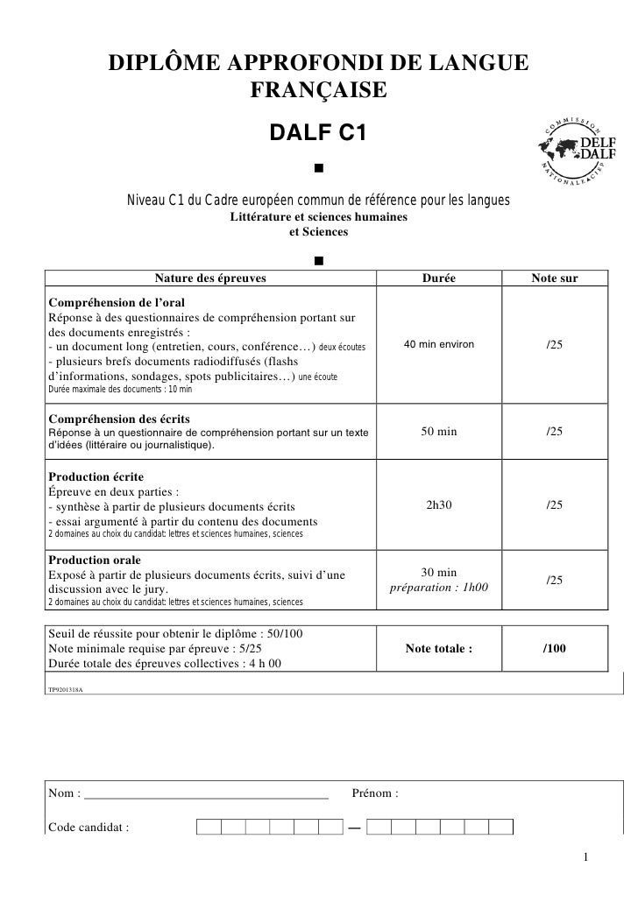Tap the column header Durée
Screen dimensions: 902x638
(x=438, y=278)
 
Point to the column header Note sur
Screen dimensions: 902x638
(x=554, y=278)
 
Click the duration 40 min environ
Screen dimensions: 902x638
(x=438, y=345)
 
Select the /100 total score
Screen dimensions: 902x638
(x=554, y=649)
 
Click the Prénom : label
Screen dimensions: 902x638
(x=375, y=793)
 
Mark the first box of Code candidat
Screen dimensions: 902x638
(x=209, y=827)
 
